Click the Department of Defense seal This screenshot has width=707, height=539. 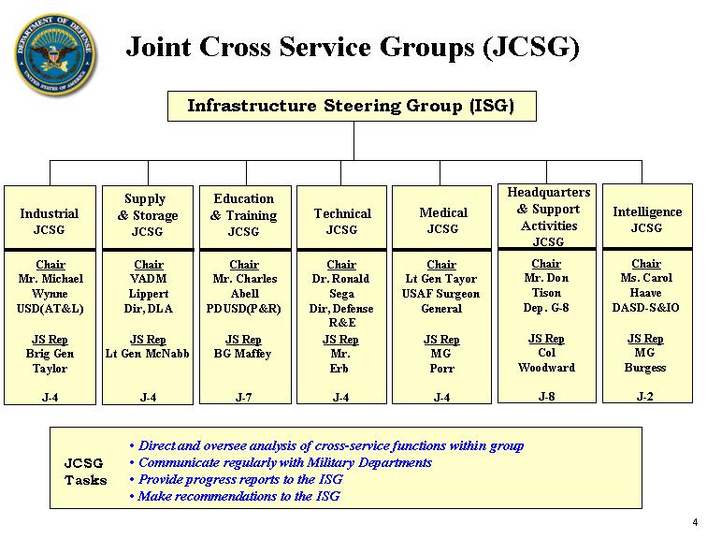[55, 54]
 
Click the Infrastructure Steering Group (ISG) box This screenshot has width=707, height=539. [352, 106]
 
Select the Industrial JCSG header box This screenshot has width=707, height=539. [50, 217]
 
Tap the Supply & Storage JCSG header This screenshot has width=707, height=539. [148, 217]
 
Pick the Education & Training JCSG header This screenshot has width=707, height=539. [245, 217]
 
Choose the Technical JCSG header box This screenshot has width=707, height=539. [341, 217]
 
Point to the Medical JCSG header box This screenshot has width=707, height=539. [441, 217]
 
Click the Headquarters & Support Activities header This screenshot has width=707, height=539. [547, 216]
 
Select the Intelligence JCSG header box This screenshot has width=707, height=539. [647, 216]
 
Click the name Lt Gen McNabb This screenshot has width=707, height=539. [148, 354]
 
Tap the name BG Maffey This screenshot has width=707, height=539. [242, 354]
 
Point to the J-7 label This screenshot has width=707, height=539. [243, 398]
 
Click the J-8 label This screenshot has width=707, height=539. [546, 397]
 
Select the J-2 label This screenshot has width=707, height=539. [644, 397]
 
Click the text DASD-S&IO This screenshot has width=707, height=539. [645, 308]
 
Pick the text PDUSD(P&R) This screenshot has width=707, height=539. [243, 309]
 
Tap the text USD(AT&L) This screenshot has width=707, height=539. [50, 309]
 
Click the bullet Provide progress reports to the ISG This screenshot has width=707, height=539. [237, 479]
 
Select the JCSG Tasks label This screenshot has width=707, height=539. [85, 472]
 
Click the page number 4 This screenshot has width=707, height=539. [695, 522]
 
